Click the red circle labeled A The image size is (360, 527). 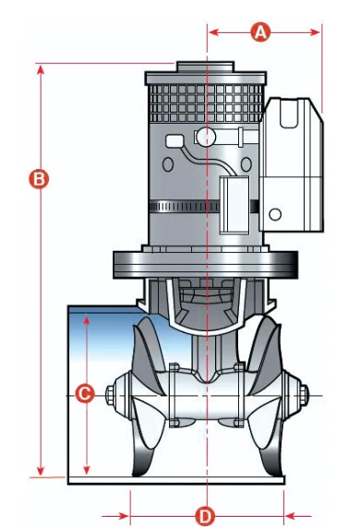click(260, 32)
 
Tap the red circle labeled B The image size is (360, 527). click(39, 179)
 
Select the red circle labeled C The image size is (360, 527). click(84, 393)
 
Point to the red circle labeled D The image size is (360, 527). click(205, 516)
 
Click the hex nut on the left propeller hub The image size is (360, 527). click(111, 394)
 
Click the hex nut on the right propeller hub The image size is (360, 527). click(303, 394)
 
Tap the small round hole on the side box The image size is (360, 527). click(275, 214)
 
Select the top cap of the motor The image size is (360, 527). click(205, 66)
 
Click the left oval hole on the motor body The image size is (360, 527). click(168, 164)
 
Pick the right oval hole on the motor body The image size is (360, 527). click(246, 164)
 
